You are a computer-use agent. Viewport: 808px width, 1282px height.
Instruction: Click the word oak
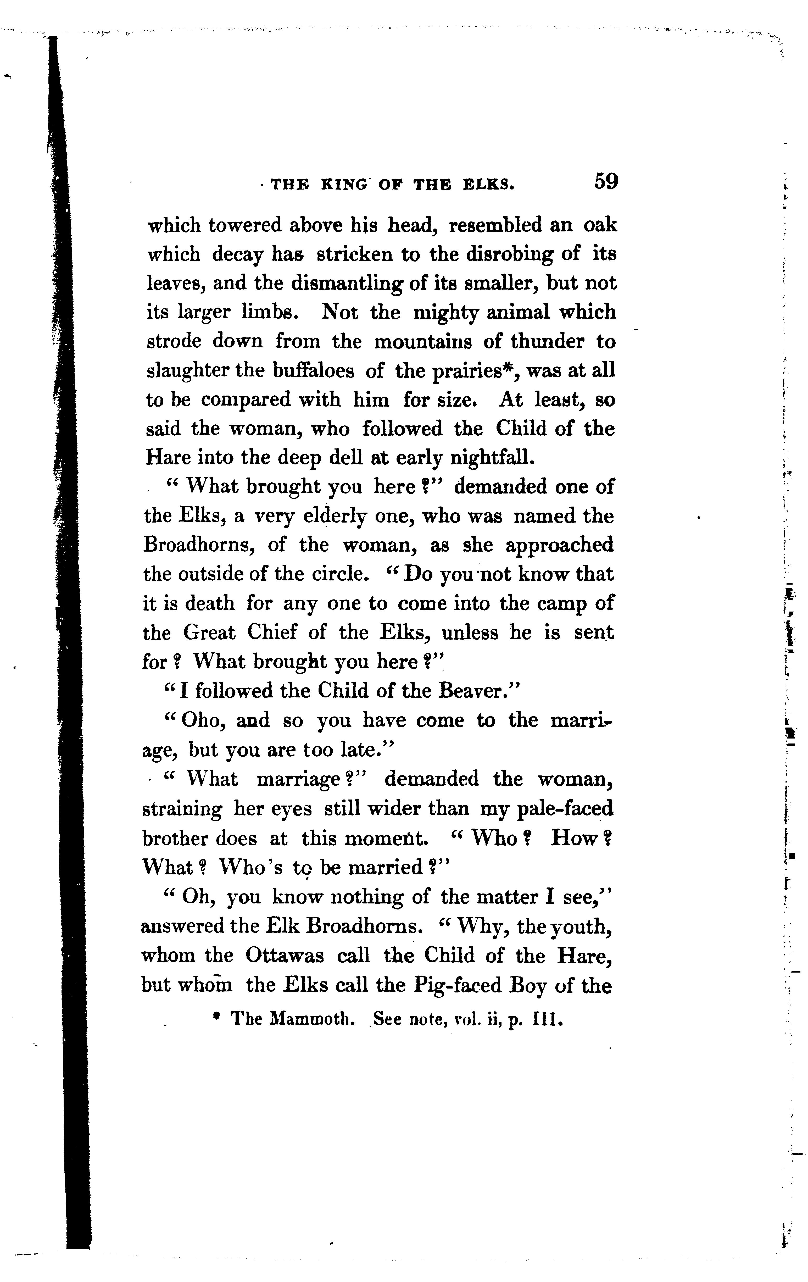click(600, 225)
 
